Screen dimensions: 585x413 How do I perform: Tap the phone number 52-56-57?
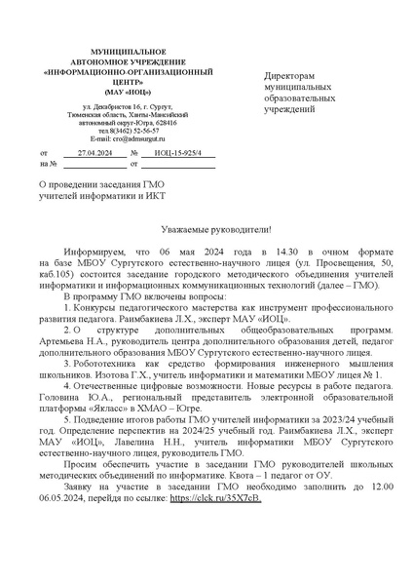143,129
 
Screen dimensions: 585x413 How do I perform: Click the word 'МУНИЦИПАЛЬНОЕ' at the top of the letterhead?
128,50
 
